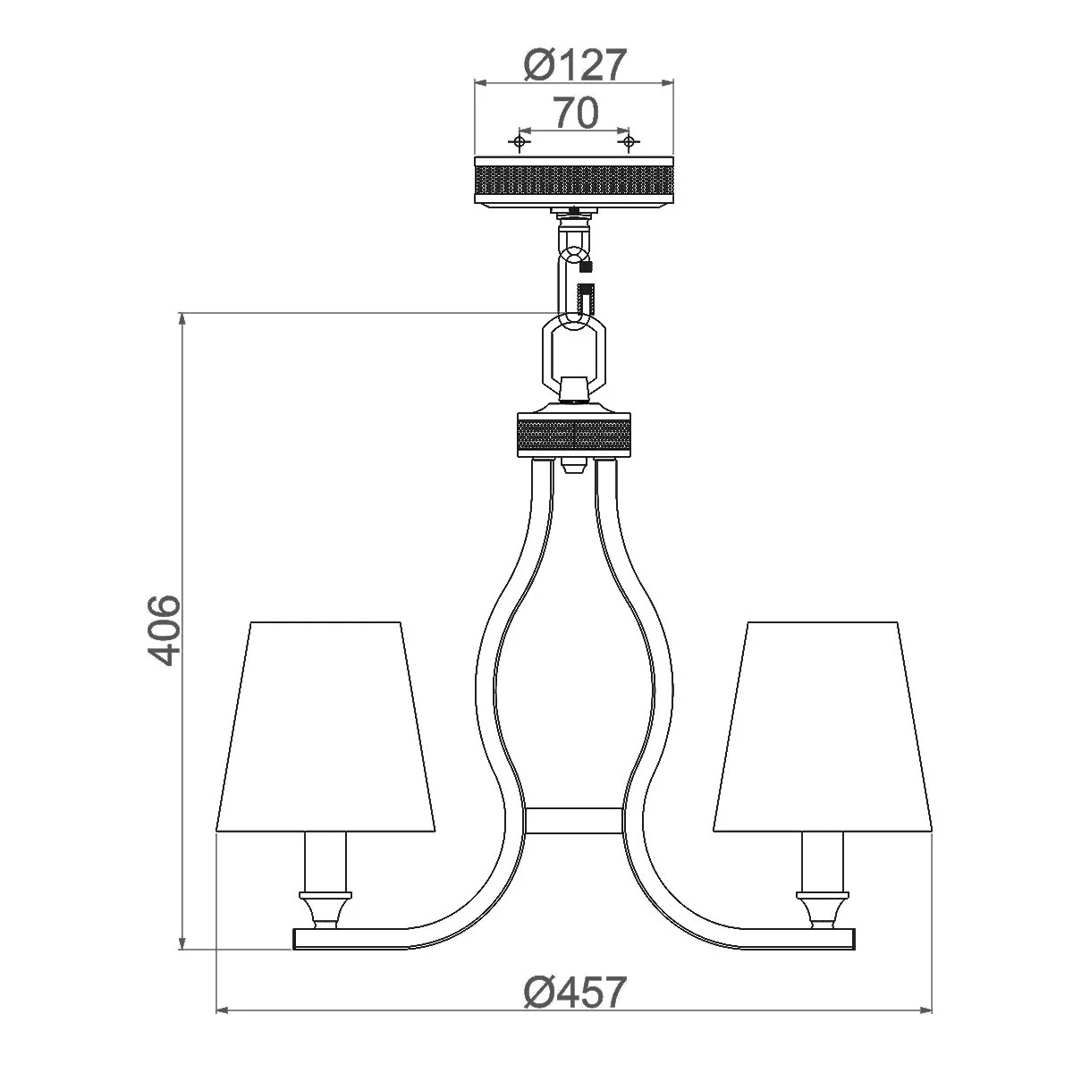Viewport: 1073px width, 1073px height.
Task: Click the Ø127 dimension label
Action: tap(575, 64)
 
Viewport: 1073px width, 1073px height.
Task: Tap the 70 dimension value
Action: tap(576, 113)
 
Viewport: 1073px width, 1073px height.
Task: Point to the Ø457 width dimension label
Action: tap(575, 992)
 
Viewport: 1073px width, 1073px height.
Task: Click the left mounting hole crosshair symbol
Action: tap(519, 141)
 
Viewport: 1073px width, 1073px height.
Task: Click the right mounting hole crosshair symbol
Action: tap(628, 141)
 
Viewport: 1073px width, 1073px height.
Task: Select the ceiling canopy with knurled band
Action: tap(573, 181)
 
